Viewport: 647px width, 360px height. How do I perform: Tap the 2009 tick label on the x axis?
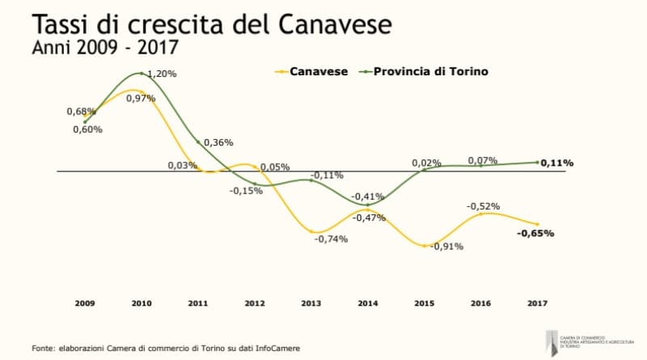click(x=85, y=303)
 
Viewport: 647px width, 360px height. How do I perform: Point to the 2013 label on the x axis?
click(x=311, y=303)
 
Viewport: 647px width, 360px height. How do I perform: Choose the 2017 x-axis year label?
click(x=538, y=303)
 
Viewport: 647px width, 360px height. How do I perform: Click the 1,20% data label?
click(x=163, y=74)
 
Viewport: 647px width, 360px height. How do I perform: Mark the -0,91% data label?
click(x=446, y=247)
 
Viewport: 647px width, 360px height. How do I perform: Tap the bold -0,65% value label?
click(x=535, y=234)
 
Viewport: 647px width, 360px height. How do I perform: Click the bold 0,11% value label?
click(x=557, y=163)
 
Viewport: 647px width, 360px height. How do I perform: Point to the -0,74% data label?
click(x=331, y=239)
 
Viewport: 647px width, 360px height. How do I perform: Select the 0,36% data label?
click(x=218, y=142)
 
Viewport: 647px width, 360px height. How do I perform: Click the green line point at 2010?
click(x=142, y=74)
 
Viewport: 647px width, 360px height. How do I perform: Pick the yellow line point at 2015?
click(x=425, y=244)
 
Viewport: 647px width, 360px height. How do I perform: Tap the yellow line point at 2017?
click(x=538, y=224)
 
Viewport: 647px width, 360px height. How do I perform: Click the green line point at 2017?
click(x=538, y=162)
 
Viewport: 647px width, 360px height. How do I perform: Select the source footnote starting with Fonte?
click(x=166, y=348)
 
